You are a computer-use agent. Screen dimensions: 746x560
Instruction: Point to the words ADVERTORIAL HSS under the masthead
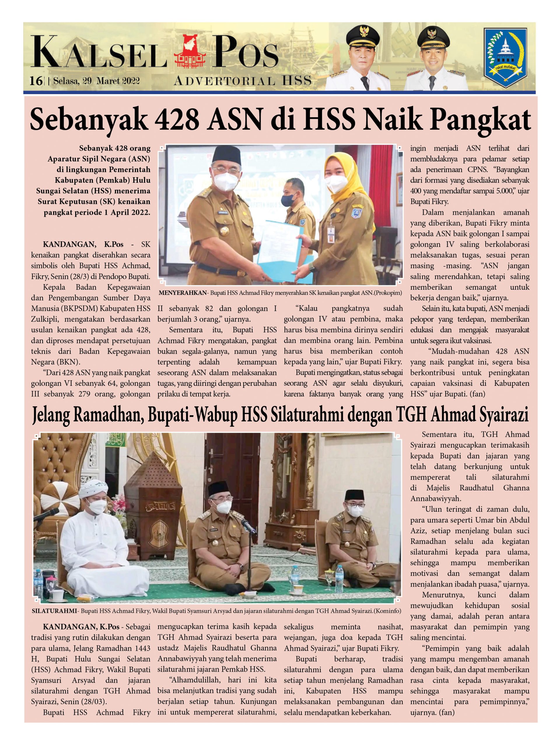[x=242, y=81]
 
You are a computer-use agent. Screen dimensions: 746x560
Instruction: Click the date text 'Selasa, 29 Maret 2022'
[x=96, y=81]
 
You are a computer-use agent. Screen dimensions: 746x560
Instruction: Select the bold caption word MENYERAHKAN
[x=182, y=293]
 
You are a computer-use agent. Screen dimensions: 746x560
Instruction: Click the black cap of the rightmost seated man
[x=354, y=495]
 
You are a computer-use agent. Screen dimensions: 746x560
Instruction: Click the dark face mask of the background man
[x=290, y=199]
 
